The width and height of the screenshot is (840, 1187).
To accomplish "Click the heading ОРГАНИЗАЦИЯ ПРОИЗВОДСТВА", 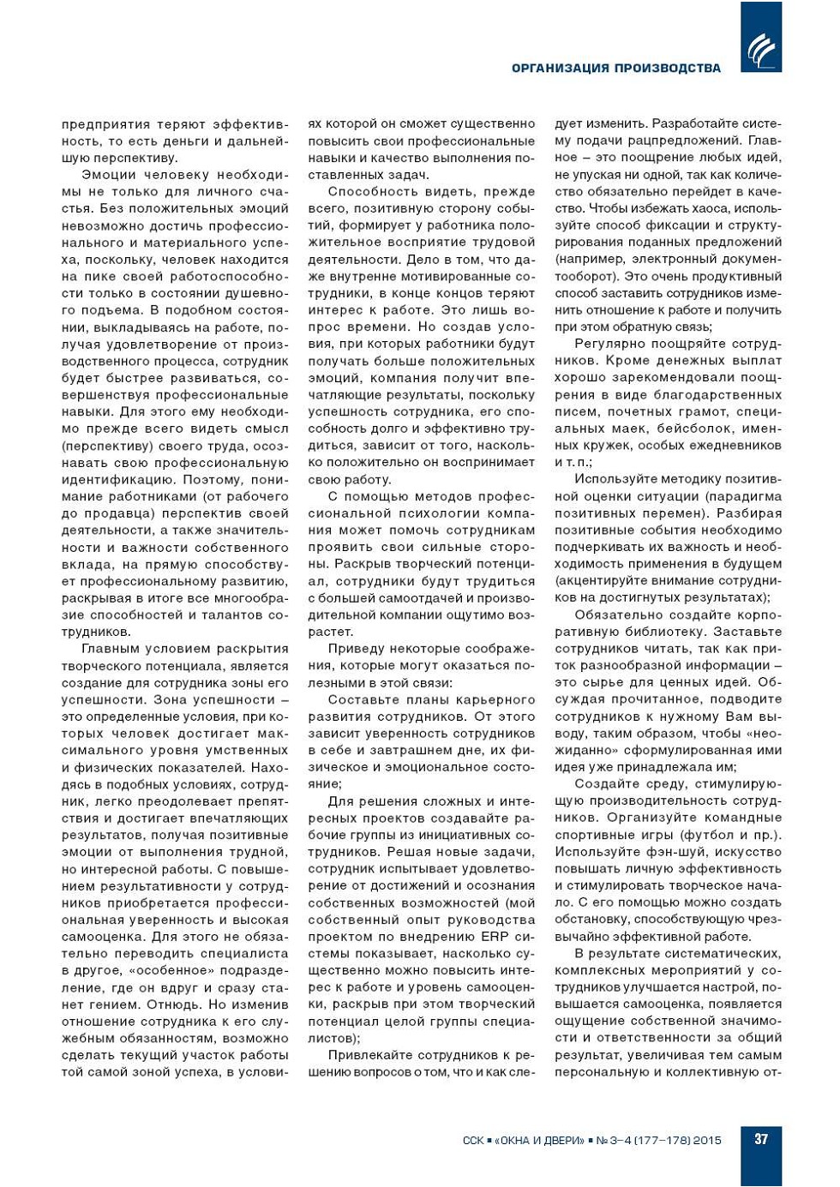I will pos(615,68).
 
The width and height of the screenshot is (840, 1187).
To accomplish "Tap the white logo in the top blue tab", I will pos(760,50).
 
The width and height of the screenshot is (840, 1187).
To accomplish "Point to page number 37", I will pos(761,1139).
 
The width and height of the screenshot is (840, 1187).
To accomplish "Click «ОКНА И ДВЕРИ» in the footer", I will pos(539,1141).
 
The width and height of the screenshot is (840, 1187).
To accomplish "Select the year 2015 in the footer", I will pos(707,1141).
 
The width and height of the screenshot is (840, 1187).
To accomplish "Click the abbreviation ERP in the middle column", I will pos(495,936).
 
